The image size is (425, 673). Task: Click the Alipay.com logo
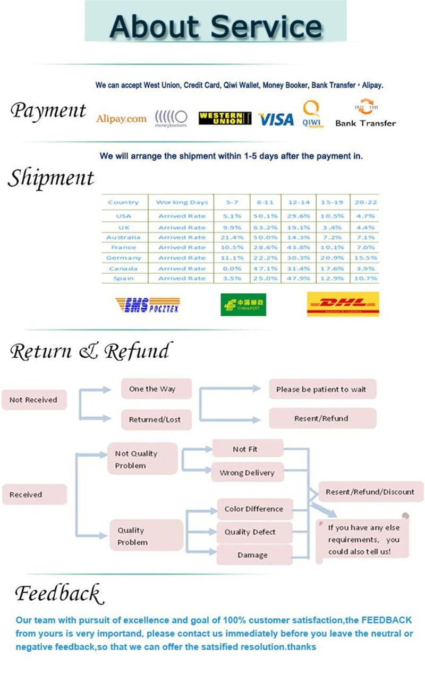click(121, 119)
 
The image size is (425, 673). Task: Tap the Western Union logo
click(225, 119)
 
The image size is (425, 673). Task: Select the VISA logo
click(276, 120)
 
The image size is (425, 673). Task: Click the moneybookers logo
click(171, 119)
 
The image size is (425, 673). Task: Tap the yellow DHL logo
click(343, 304)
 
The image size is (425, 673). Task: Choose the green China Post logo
click(243, 305)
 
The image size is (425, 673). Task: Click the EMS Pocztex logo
click(147, 305)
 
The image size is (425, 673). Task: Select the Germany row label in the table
click(123, 258)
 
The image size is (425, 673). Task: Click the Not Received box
click(33, 400)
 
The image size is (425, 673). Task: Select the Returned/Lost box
click(155, 419)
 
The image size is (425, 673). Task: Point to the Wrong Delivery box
click(247, 473)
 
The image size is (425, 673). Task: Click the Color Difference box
click(253, 509)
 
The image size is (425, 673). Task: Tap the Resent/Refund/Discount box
click(370, 492)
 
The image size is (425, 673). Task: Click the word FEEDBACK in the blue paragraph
click(387, 620)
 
